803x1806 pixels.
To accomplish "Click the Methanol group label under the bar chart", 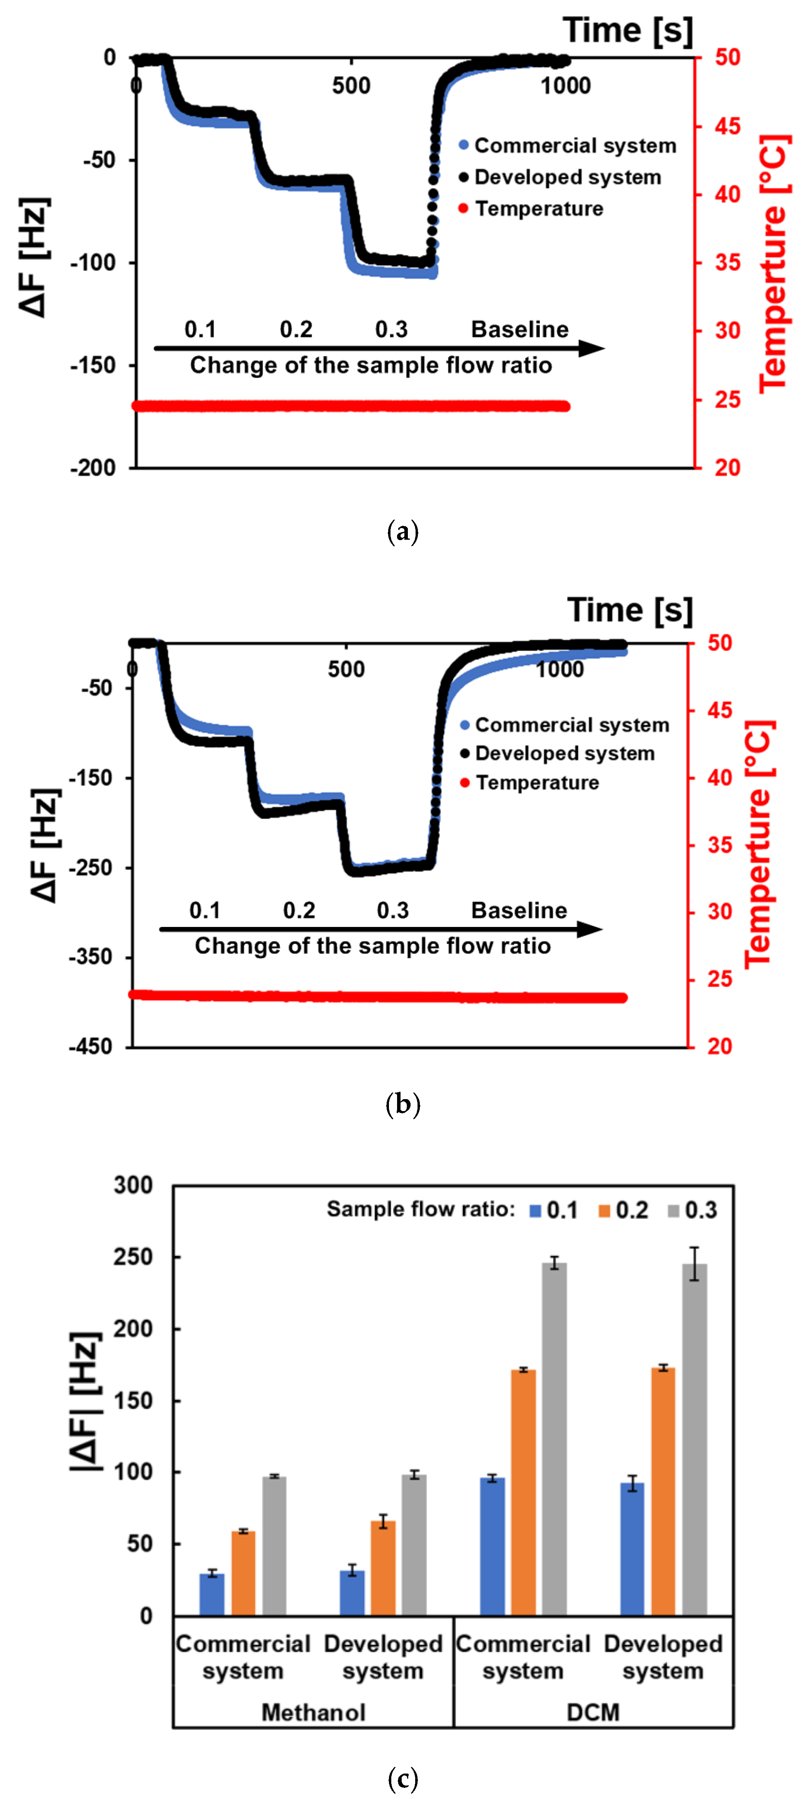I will [313, 1712].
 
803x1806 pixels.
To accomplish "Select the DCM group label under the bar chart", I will [593, 1712].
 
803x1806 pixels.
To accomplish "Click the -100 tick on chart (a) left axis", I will [93, 263].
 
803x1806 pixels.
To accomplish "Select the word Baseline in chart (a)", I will [519, 330].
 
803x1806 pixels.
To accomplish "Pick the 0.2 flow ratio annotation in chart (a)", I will [296, 330].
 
